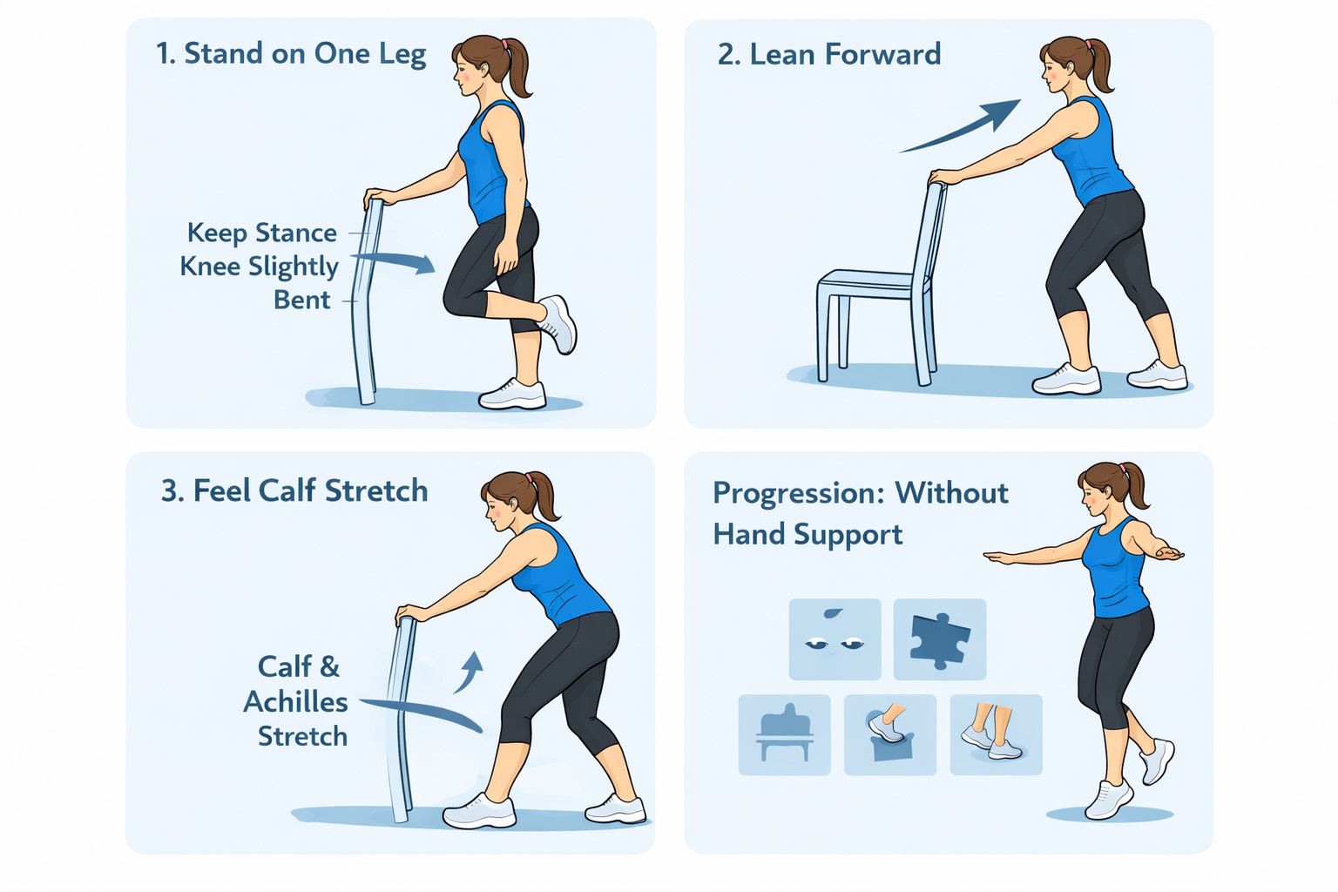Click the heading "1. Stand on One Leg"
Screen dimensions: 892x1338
click(x=291, y=54)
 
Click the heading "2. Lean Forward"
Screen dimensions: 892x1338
click(x=828, y=55)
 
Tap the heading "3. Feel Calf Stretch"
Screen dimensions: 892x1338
click(x=294, y=491)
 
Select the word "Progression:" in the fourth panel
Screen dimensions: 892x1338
click(x=798, y=493)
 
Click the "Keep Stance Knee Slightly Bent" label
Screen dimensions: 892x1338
click(x=260, y=266)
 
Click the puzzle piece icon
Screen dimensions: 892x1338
click(x=939, y=639)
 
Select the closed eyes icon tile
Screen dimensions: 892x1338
click(x=835, y=639)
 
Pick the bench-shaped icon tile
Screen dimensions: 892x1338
click(x=784, y=734)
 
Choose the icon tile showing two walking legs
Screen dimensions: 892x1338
click(x=995, y=734)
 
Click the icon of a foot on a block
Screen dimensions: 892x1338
click(x=889, y=734)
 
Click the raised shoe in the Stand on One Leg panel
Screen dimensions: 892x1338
click(x=558, y=323)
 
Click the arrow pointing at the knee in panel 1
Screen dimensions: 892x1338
click(x=396, y=260)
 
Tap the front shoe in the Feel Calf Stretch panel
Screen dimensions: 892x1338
click(x=480, y=811)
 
